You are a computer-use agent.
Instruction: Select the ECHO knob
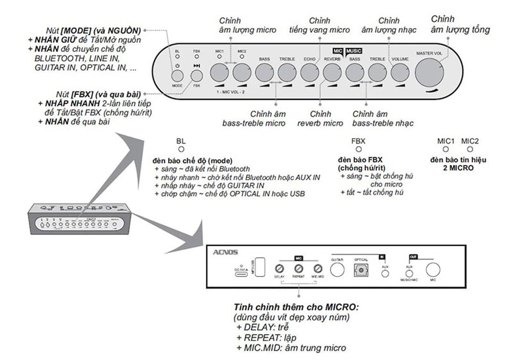click(x=309, y=73)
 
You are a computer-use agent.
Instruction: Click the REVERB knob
click(x=332, y=73)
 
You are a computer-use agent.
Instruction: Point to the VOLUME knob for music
click(x=400, y=73)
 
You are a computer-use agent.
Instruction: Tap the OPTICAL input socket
click(x=361, y=269)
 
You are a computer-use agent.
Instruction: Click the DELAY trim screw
click(x=279, y=269)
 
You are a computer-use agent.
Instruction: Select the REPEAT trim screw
click(x=298, y=269)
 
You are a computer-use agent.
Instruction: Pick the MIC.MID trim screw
click(x=317, y=269)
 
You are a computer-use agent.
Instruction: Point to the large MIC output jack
click(x=433, y=270)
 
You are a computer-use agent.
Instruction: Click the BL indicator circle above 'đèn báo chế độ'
click(x=180, y=149)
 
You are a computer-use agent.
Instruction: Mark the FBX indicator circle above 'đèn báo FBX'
click(x=358, y=149)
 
